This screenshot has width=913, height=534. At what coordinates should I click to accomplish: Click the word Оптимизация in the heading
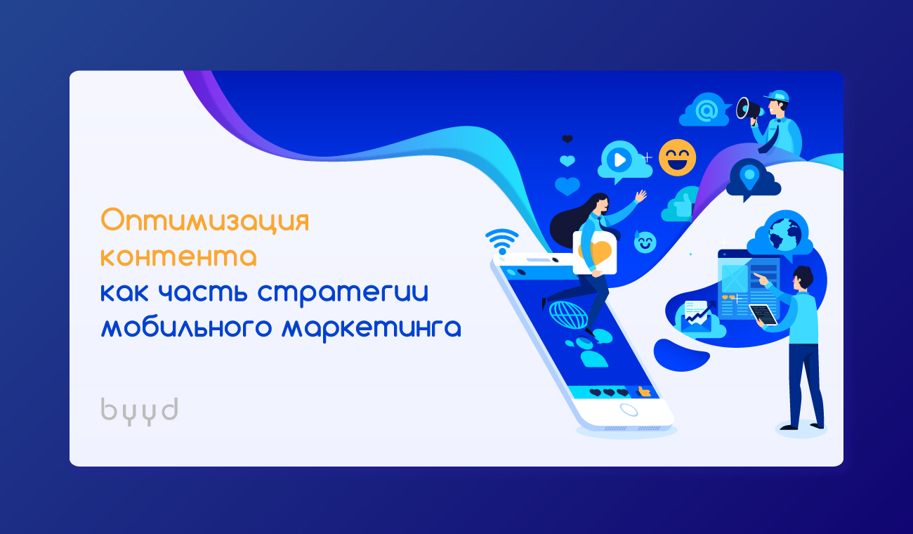204,221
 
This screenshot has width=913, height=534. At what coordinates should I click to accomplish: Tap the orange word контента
178,256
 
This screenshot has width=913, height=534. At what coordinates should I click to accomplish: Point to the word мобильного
186,327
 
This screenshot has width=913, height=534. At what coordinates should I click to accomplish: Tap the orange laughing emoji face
678,158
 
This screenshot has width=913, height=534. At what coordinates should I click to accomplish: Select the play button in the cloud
619,159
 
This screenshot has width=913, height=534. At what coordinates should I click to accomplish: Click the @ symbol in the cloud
707,110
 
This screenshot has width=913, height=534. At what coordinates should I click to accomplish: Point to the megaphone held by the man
749,109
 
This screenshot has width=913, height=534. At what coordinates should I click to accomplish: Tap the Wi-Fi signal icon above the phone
502,241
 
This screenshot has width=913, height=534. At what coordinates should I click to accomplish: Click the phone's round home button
629,410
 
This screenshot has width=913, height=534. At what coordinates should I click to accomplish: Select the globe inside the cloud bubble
785,235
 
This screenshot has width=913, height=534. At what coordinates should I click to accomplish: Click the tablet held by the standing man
763,315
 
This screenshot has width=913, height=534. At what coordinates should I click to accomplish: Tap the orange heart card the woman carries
595,253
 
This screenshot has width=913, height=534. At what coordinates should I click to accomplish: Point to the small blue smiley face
645,242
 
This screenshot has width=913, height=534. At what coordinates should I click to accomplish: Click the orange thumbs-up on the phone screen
643,392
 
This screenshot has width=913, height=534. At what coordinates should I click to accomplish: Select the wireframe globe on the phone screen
568,315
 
